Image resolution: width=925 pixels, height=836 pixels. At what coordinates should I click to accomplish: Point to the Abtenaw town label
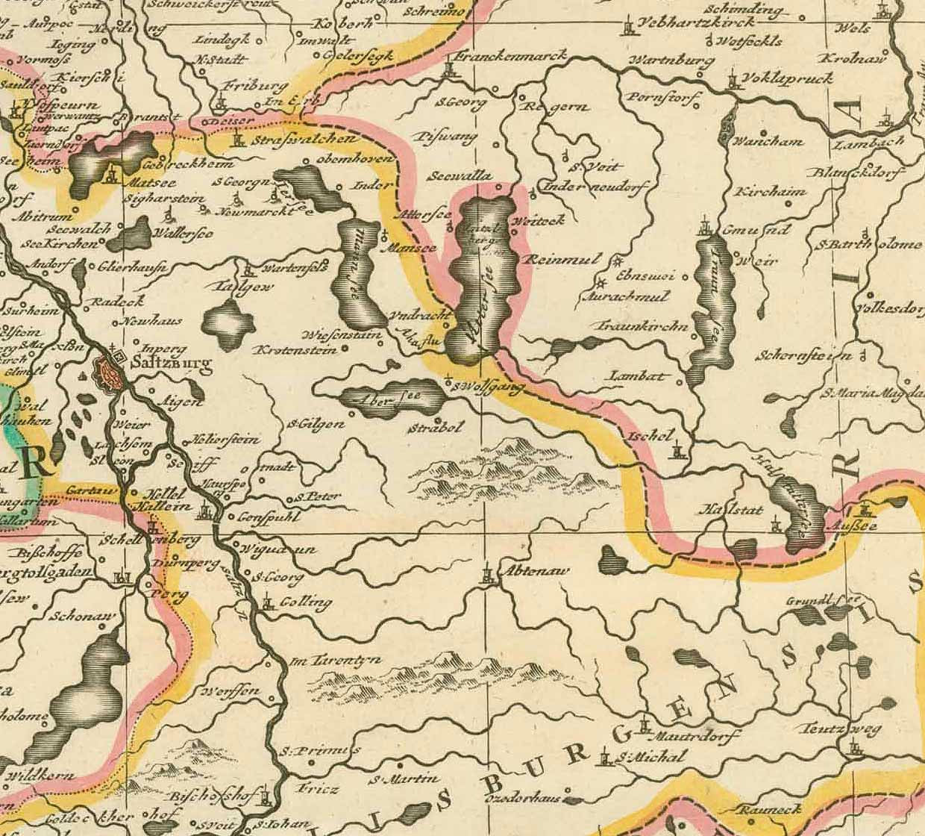click(533, 571)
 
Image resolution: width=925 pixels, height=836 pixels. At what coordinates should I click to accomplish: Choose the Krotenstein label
click(292, 349)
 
